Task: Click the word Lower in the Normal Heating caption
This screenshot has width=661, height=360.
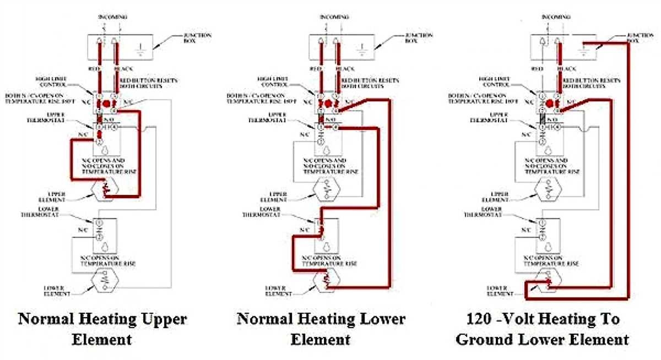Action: click(381, 319)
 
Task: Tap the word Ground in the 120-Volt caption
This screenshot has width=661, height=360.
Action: click(482, 339)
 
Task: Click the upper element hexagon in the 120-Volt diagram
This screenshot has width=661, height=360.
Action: click(547, 192)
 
